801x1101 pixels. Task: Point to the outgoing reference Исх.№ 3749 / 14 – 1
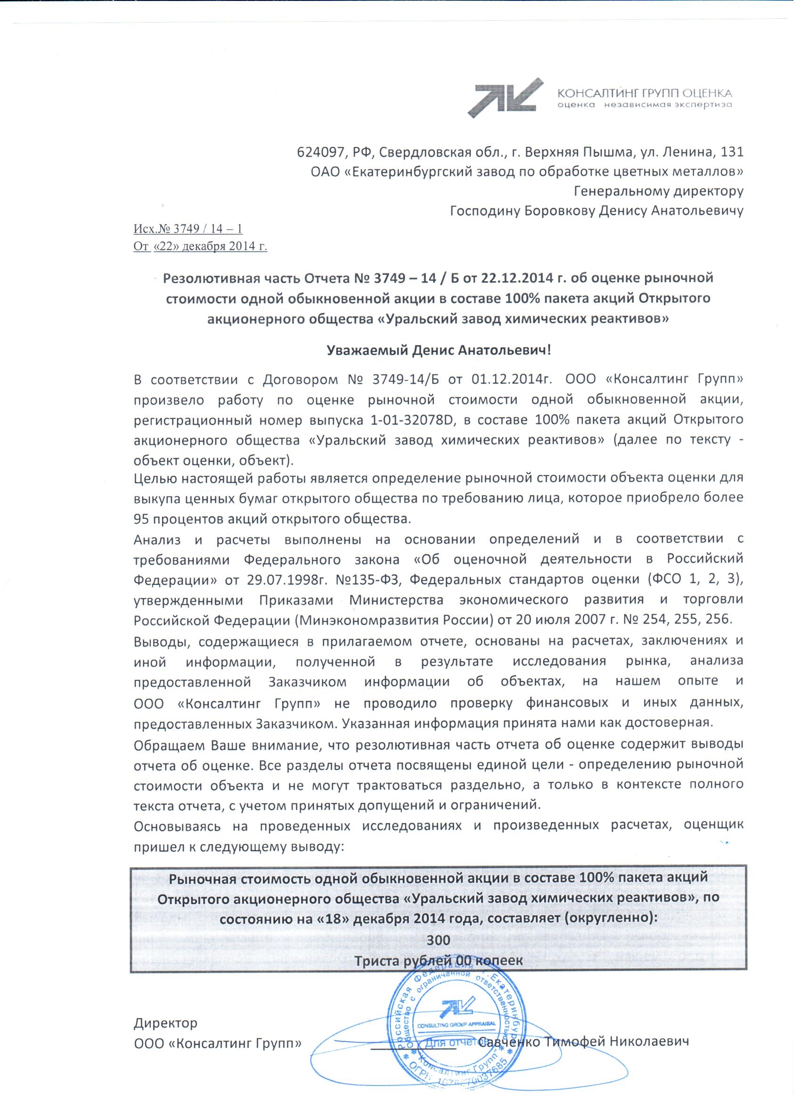pyautogui.click(x=188, y=229)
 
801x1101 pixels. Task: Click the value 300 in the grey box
pyautogui.click(x=438, y=940)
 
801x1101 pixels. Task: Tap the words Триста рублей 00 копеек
pyautogui.click(x=438, y=961)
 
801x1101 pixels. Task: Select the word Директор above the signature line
pyautogui.click(x=165, y=1023)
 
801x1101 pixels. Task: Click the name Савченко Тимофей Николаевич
pyautogui.click(x=583, y=1042)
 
